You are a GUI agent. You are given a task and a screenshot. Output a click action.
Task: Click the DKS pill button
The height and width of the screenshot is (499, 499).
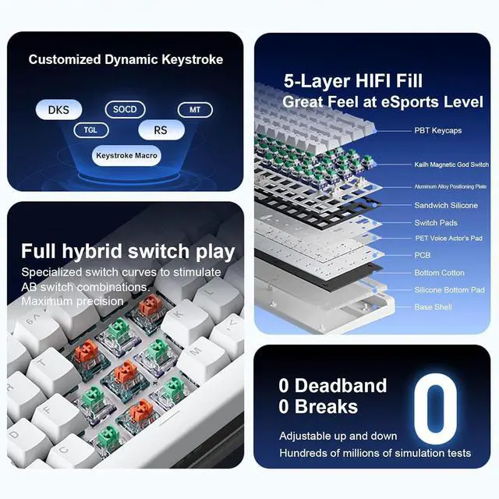pyautogui.click(x=58, y=110)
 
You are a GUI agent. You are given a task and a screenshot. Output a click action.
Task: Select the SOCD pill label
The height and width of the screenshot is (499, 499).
pyautogui.click(x=125, y=110)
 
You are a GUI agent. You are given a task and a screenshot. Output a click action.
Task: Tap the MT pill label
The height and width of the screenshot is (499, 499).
pyautogui.click(x=195, y=110)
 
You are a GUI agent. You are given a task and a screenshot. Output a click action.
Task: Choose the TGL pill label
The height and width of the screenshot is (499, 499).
pyautogui.click(x=90, y=130)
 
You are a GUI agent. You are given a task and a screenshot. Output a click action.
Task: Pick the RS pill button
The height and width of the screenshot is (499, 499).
pyautogui.click(x=161, y=130)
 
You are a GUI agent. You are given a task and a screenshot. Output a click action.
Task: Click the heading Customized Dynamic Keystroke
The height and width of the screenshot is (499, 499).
pyautogui.click(x=126, y=59)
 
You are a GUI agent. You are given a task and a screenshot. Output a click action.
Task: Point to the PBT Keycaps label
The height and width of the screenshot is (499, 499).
pyautogui.click(x=438, y=130)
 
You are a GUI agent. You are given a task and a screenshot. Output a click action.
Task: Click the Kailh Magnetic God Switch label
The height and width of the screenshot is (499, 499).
pyautogui.click(x=451, y=165)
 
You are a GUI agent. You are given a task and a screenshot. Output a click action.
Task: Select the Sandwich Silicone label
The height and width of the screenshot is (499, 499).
pyautogui.click(x=446, y=205)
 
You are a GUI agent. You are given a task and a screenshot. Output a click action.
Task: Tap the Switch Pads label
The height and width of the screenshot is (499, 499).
pyautogui.click(x=436, y=222)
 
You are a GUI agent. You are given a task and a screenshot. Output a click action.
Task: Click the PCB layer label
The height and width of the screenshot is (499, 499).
pyautogui.click(x=423, y=255)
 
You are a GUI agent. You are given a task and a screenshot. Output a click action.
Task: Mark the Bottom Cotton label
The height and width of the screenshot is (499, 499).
pyautogui.click(x=440, y=273)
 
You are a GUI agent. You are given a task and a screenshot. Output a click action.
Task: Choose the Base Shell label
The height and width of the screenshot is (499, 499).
pyautogui.click(x=434, y=307)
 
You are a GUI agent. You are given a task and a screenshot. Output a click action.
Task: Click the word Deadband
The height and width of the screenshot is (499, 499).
pyautogui.click(x=341, y=385)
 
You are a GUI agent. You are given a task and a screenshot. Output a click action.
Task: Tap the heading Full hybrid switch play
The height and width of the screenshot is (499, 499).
pyautogui.click(x=128, y=251)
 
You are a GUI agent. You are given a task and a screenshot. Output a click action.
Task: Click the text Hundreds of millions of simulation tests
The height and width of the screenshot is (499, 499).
pyautogui.click(x=375, y=452)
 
